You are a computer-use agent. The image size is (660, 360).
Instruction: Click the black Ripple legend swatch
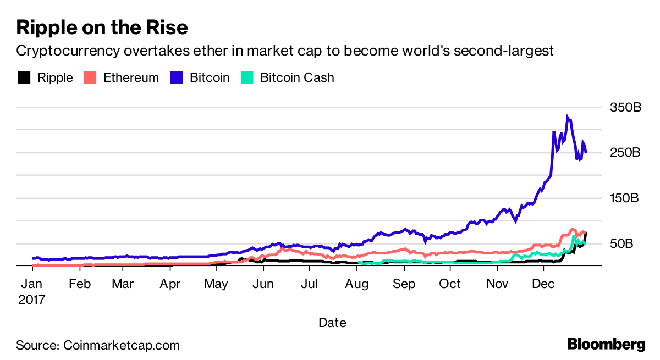(24, 77)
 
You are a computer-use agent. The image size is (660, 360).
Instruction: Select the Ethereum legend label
(131, 77)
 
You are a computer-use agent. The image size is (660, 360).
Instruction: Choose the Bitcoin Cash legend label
(296, 77)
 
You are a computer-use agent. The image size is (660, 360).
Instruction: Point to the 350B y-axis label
(625, 107)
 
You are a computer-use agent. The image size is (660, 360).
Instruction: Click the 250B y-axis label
(625, 152)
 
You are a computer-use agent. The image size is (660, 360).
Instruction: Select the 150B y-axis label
(625, 198)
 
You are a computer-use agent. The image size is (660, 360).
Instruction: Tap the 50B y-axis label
(622, 243)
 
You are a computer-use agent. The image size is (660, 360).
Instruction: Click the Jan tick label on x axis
(32, 284)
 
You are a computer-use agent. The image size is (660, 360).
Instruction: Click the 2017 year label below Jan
(32, 300)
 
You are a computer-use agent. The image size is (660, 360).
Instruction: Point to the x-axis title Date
(332, 323)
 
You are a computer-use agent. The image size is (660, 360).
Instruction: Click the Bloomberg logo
(606, 345)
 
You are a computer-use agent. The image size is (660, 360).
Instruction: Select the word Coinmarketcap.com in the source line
(122, 345)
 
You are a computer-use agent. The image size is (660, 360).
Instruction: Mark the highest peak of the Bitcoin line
(568, 117)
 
